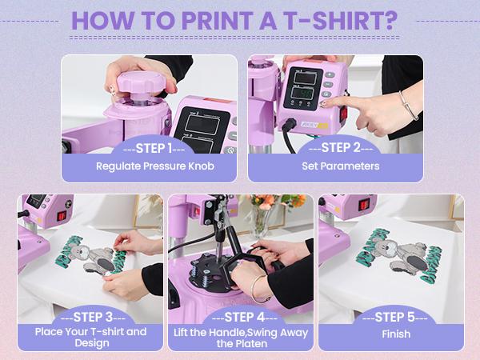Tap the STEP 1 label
[x=150, y=147]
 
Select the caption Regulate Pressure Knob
[x=150, y=166]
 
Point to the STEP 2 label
[x=334, y=147]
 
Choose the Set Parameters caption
[x=334, y=166]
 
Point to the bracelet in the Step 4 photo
[x=258, y=287]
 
